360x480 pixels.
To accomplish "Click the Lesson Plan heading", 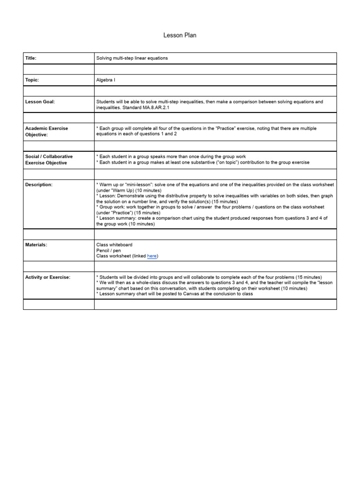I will coord(180,35).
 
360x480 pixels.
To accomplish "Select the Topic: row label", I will coord(32,80).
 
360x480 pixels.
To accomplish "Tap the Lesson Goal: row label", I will coord(40,102).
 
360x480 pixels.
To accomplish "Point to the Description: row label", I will coord(38,185).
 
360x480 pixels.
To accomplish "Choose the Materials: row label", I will coord(36,245).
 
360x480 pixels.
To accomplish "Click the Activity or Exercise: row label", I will coord(47,277).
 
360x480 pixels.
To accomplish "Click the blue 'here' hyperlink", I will coord(152,256).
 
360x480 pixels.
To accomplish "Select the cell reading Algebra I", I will coord(105,80).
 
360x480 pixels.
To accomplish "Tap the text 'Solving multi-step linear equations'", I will coord(132,58).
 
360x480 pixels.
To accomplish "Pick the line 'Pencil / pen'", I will coord(108,250).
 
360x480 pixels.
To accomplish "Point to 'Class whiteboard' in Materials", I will coord(114,245).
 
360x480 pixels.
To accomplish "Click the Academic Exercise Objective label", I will coord(46,131).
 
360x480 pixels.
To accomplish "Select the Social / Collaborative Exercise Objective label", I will coord(49,159).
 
